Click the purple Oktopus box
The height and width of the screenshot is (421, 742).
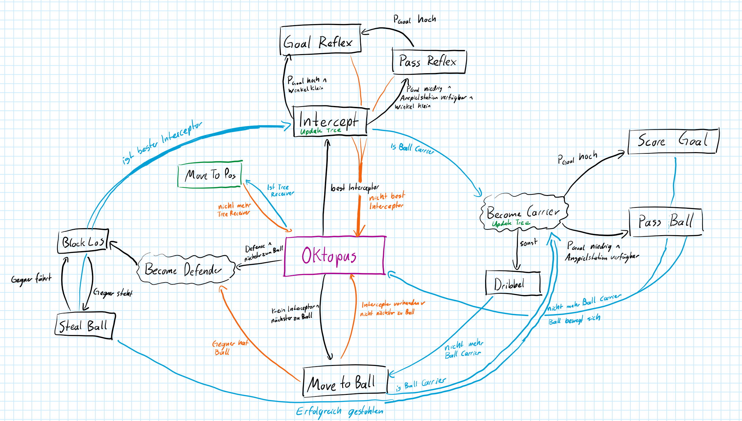[x=335, y=256]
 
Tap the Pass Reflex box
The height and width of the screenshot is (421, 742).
[x=429, y=61]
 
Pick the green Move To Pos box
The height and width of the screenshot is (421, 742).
[x=210, y=175]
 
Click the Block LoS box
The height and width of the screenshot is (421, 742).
[x=83, y=242]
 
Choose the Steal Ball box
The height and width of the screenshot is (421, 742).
[x=85, y=325]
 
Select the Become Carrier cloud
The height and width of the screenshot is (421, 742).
[x=523, y=212]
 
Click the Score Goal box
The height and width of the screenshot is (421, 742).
[x=673, y=141]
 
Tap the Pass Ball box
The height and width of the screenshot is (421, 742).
[x=666, y=221]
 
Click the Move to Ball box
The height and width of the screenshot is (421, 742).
[x=345, y=382]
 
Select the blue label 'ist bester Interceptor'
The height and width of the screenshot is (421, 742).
[x=162, y=142]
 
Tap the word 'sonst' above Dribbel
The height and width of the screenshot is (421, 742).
[x=528, y=243]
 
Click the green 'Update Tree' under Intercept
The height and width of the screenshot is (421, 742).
[x=321, y=131]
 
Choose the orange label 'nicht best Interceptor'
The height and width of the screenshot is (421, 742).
[x=387, y=201]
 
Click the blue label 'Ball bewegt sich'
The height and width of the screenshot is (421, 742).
[x=574, y=319]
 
